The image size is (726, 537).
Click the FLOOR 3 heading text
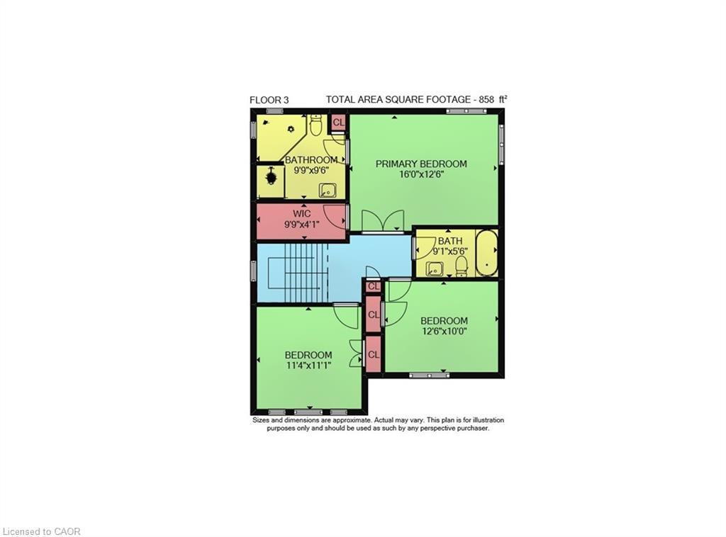point(269,100)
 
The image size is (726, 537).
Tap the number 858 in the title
point(487,100)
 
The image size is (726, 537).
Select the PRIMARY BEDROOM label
point(421,164)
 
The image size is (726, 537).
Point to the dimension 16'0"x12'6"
point(421,174)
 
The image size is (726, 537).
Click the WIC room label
point(301,213)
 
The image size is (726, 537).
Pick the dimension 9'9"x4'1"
point(301,224)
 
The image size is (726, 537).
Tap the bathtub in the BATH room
point(486,252)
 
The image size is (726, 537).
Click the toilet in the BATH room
point(461,266)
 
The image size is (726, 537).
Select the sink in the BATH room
point(435,268)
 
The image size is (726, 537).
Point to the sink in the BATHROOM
point(328,189)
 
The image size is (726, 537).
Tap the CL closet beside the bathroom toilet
point(338,123)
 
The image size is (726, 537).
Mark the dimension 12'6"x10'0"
point(444,331)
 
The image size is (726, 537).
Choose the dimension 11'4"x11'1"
point(308,366)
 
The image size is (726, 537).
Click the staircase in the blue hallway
point(298,273)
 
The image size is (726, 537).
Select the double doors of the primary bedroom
point(382,221)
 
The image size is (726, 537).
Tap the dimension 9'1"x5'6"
point(449,251)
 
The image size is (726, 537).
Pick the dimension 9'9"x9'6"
point(311,170)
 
